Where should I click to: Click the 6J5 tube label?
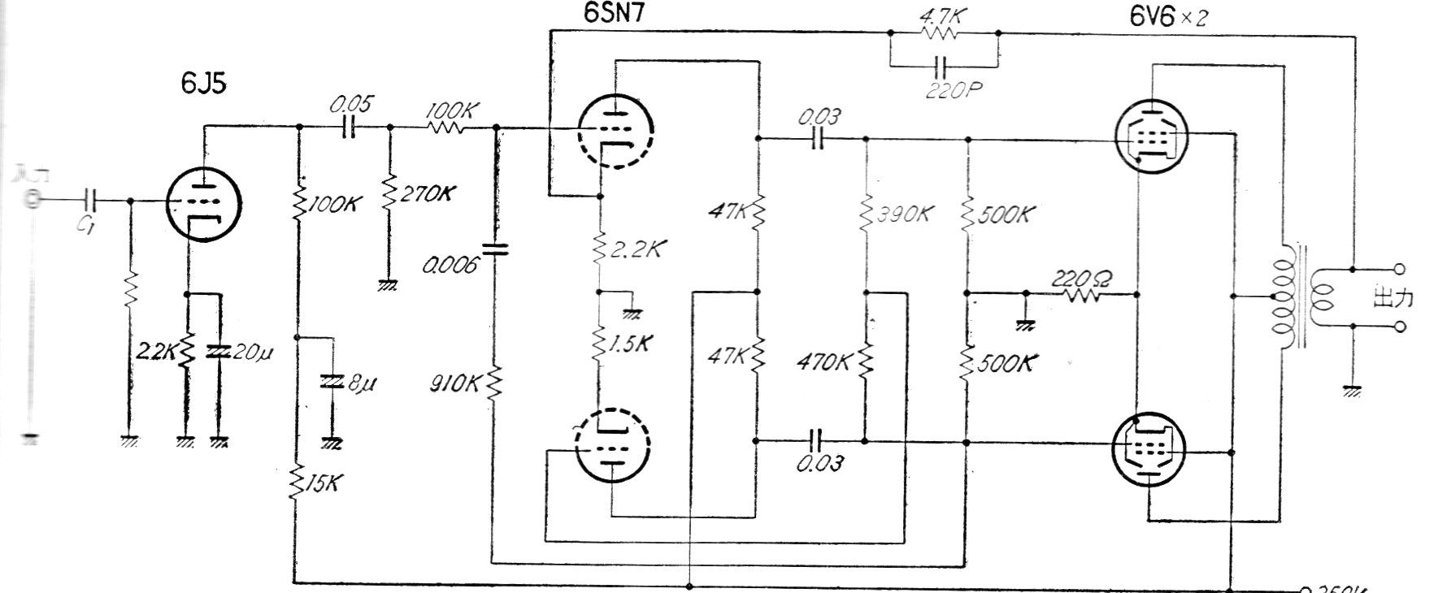pyautogui.click(x=203, y=83)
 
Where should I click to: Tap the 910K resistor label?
pyautogui.click(x=455, y=383)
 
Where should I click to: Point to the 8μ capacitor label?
pyautogui.click(x=361, y=383)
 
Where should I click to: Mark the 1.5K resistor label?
pyautogui.click(x=630, y=344)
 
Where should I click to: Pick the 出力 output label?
pyautogui.click(x=1392, y=297)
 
